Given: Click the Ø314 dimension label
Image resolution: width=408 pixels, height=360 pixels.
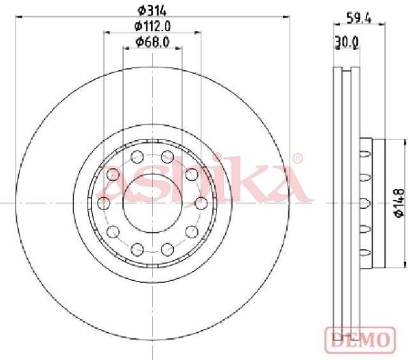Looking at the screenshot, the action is (152, 11).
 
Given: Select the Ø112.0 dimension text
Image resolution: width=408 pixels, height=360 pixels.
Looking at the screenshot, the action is (152, 27).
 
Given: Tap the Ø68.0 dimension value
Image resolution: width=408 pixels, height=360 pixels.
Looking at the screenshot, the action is (152, 42).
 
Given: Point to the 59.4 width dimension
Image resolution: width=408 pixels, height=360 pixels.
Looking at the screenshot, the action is (359, 18).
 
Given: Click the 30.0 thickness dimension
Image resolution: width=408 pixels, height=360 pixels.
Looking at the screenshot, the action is (347, 42).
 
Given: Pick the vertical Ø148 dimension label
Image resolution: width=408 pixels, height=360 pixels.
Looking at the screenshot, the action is (399, 203).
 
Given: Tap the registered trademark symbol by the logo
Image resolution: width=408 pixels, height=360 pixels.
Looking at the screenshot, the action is (297, 158).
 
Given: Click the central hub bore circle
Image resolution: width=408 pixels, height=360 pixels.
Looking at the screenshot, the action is (152, 203).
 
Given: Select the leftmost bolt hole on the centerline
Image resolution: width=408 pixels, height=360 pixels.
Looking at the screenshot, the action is (103, 203).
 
